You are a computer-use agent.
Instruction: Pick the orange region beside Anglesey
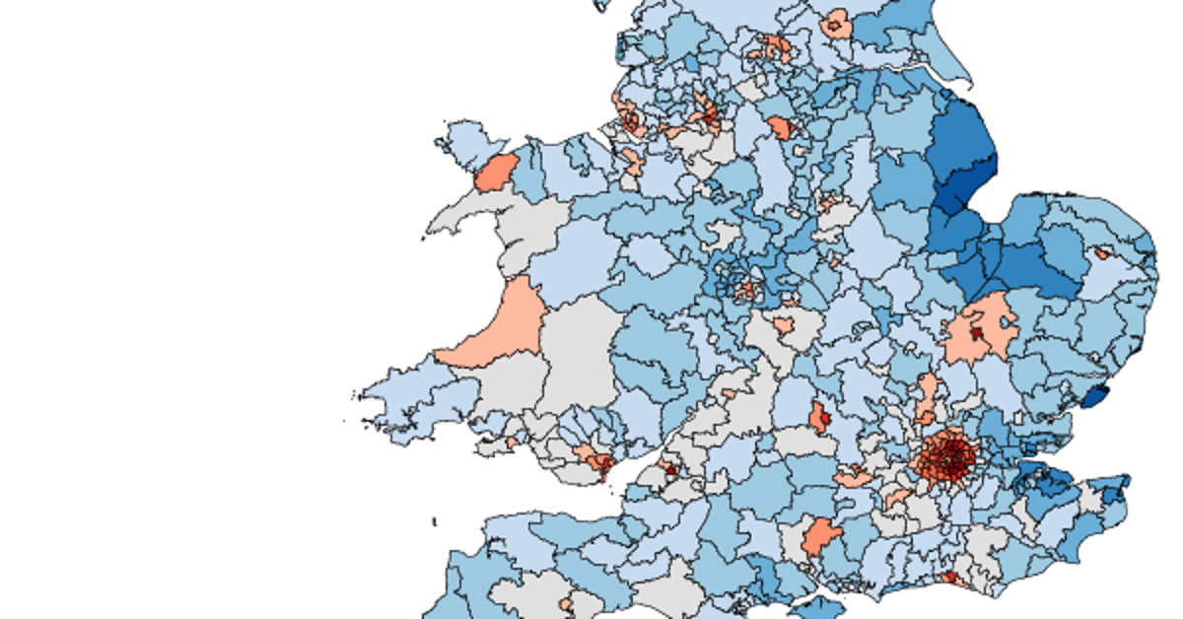(496, 172)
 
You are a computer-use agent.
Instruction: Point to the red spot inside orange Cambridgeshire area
(976, 333)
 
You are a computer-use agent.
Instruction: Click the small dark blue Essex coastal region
(1095, 397)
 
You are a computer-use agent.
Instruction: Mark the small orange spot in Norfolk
(1101, 253)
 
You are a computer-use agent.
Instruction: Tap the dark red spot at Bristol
(670, 470)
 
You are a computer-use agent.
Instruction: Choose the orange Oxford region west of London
(820, 417)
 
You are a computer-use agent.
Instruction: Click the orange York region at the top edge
(838, 25)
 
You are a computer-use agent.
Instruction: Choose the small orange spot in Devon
(566, 603)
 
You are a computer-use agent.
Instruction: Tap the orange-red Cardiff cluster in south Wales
(596, 458)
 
